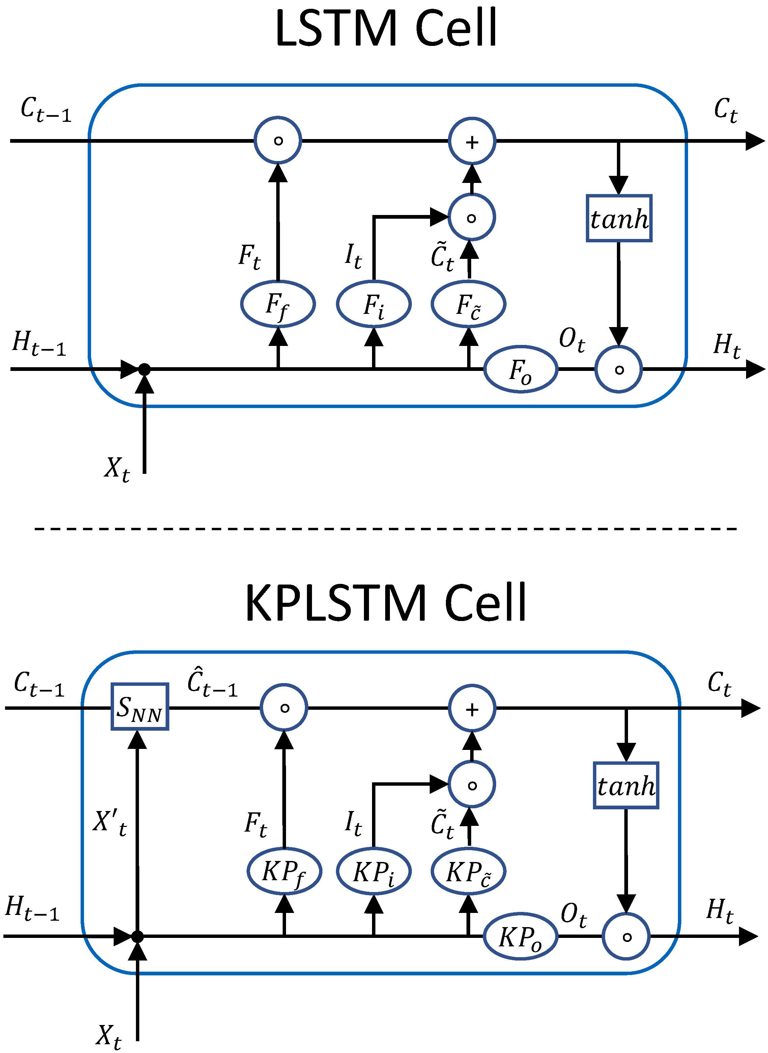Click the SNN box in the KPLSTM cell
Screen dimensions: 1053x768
point(139,706)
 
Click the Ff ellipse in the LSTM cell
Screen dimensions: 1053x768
point(278,304)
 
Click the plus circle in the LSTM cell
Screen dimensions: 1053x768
point(472,141)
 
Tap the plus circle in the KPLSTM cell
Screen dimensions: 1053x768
point(472,708)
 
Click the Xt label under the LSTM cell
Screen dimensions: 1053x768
point(117,468)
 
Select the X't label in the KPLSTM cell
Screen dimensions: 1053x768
point(110,822)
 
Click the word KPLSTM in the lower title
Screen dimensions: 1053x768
point(335,603)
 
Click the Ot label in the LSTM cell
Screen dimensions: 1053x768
point(571,340)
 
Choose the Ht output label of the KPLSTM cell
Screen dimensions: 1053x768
point(719,911)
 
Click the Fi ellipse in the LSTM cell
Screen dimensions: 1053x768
point(373,304)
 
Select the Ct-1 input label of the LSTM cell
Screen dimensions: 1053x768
point(46,110)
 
